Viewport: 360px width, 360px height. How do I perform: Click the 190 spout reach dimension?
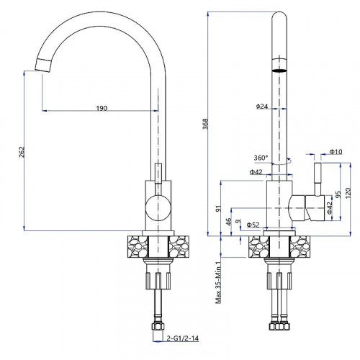coord(102,108)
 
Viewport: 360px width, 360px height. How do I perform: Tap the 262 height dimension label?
coord(22,152)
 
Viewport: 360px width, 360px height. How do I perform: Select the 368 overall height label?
coord(205,124)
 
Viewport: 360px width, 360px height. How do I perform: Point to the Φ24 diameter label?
coord(262,107)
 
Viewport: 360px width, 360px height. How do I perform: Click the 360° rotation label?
coord(261,158)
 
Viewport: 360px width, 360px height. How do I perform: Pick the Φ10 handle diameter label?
coord(336,152)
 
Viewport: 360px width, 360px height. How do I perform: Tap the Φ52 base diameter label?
coord(253,225)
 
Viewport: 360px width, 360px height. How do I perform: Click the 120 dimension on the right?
coord(348,193)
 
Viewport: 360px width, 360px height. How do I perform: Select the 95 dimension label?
coord(338,194)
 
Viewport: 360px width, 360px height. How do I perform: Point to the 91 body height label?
coord(218,209)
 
